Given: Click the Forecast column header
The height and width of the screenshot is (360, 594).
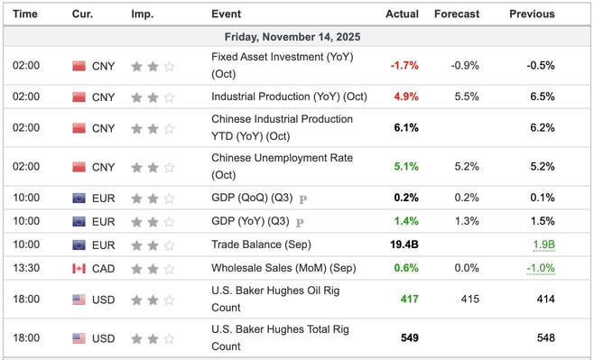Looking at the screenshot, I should coord(456,14).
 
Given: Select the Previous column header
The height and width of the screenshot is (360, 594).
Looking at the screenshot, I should coord(532,14).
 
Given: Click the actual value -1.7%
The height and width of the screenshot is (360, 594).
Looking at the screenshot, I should coord(404,66).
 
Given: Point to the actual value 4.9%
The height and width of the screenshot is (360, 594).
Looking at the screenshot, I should coord(405,97).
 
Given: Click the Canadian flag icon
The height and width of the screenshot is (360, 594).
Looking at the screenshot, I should coord(79,268).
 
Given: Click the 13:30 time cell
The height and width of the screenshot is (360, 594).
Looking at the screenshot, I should coord(26,268).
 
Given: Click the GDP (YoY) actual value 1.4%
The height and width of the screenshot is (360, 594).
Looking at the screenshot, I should coord(405,221).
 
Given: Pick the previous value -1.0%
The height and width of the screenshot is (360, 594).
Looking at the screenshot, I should coord(540,268).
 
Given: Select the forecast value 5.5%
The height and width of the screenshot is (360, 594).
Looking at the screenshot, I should coord(467,97).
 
